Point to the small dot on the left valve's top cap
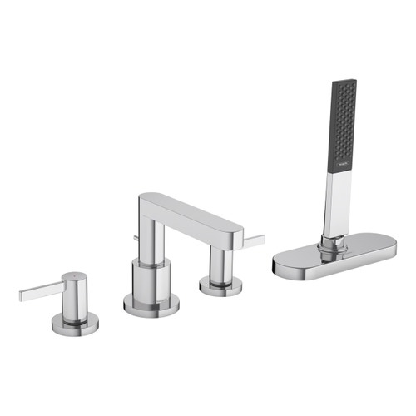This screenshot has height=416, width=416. coord(74,275)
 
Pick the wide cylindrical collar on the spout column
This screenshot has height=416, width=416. coord(151,278)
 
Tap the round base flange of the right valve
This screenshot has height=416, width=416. coord(220,288)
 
